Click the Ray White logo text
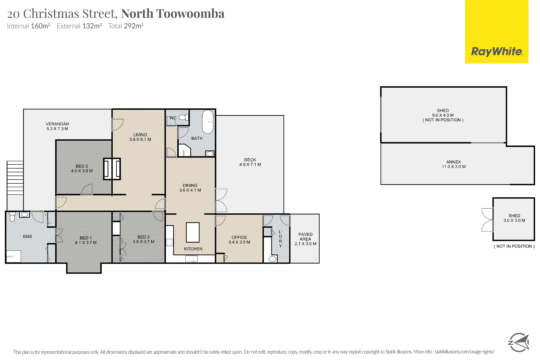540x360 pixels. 496,52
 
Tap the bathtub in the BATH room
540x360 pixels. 208,122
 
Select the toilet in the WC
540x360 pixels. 183,117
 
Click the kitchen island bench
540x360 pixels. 193,232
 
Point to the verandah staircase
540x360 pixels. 15,178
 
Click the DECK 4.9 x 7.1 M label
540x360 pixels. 250,162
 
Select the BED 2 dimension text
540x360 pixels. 82,171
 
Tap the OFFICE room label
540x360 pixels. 239,237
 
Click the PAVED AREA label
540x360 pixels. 305,237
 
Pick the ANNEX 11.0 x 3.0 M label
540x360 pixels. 454,164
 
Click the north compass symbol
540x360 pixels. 519,342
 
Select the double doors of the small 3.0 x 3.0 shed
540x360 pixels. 487,220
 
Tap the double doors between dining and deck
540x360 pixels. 221,200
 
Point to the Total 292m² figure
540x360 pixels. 126,26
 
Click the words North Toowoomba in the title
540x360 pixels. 173,14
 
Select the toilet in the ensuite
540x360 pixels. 12,218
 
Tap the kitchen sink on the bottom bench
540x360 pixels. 191,259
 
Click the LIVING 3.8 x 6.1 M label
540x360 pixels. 140,137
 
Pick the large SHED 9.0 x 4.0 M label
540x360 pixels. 443,115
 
